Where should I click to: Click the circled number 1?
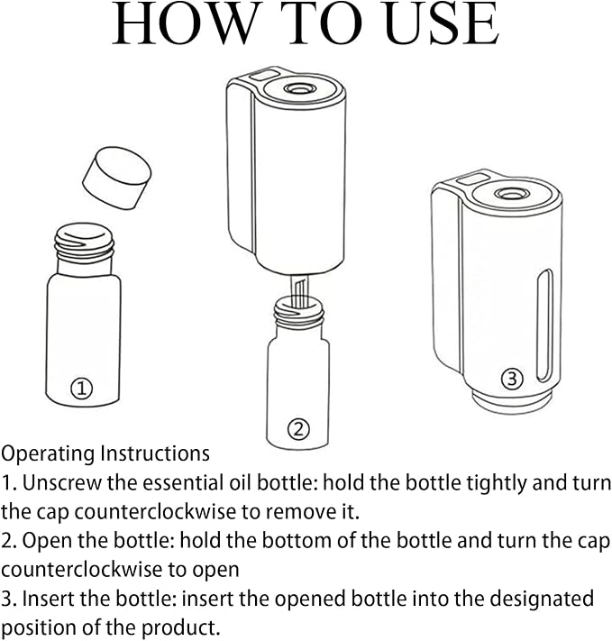point(82,388)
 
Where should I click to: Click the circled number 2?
point(299,429)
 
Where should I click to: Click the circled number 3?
point(512,379)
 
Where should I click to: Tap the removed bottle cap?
point(117,178)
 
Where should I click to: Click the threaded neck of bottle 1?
point(84,243)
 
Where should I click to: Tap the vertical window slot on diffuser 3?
point(545,325)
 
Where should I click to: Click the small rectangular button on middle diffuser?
point(263,75)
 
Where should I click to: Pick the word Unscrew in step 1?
point(61,483)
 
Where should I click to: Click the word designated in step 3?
point(542,600)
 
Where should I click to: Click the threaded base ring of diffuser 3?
point(512,401)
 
